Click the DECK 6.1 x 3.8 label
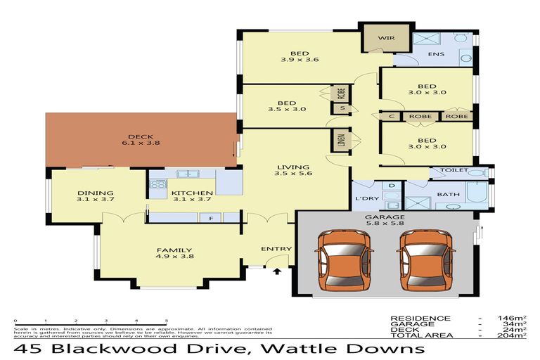point(141,140)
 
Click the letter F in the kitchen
point(210,219)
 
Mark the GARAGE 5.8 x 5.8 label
point(384,221)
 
